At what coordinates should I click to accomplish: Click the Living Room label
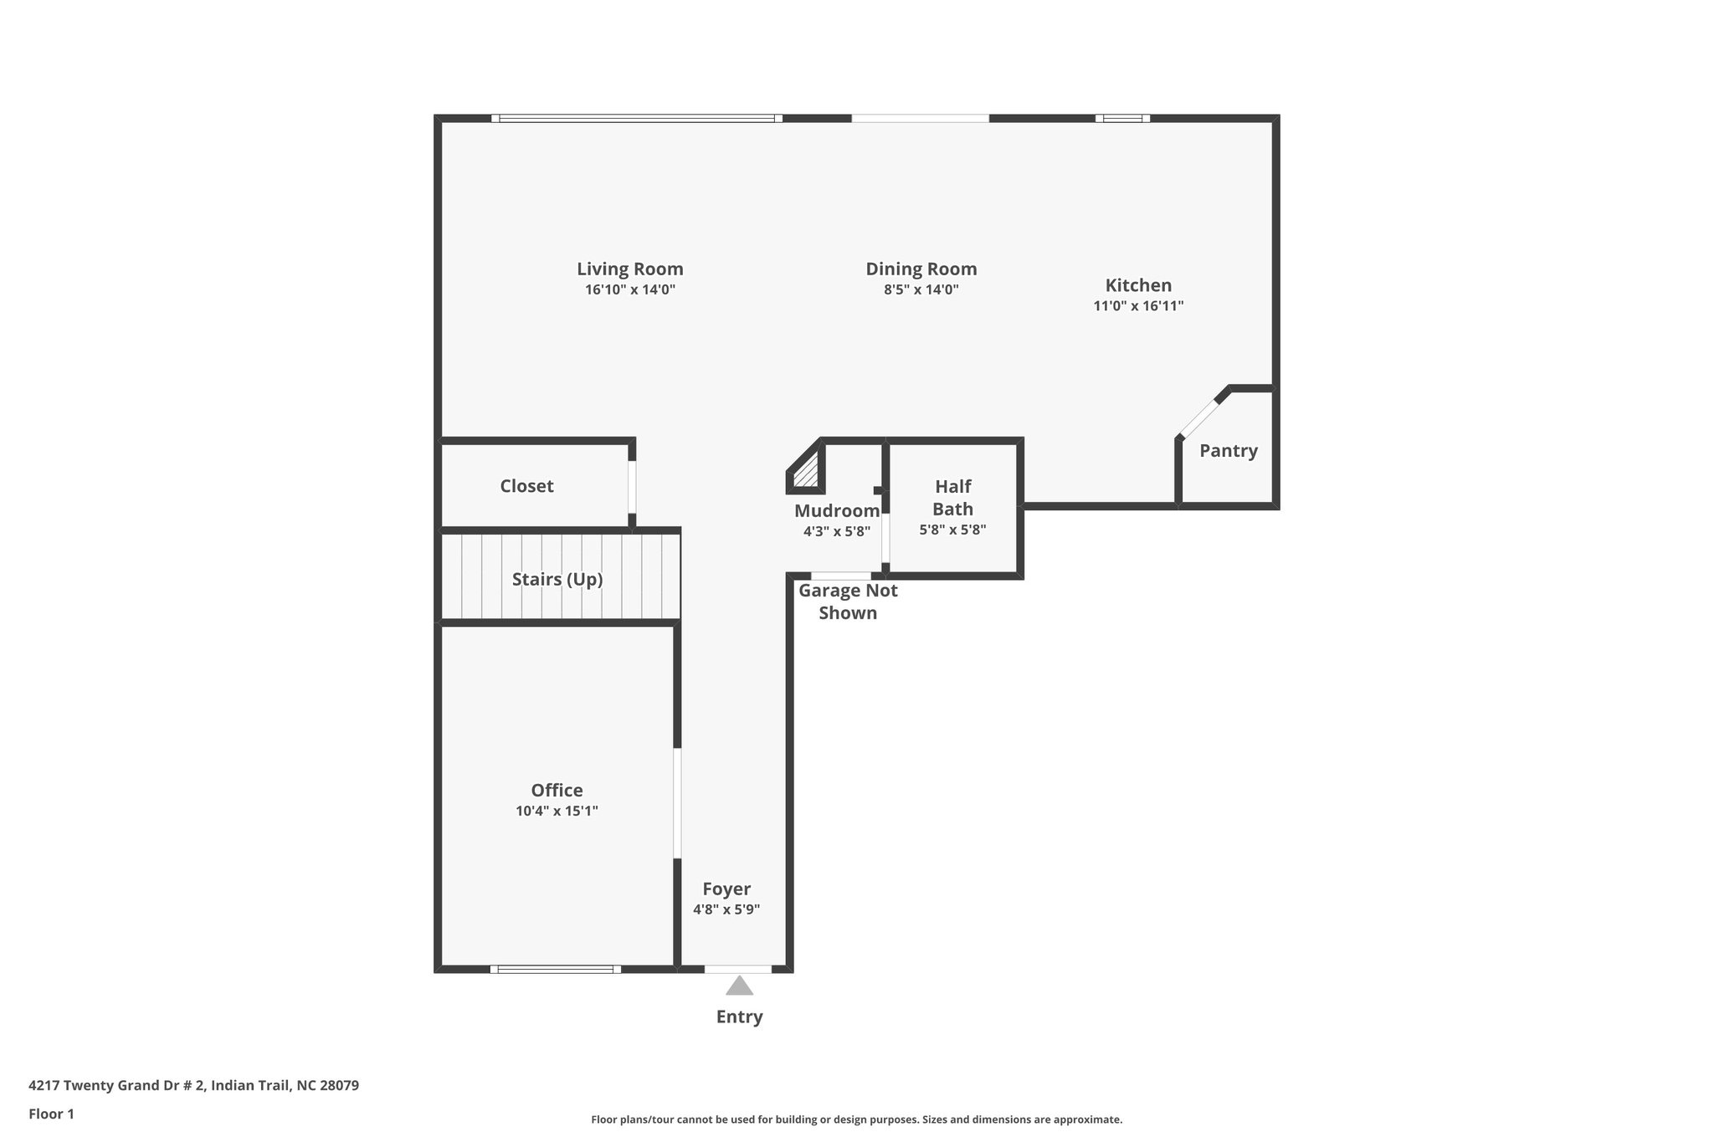629,269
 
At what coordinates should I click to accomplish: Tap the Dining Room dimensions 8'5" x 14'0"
921,290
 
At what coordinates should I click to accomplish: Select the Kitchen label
1138,284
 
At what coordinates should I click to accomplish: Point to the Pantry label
1228,451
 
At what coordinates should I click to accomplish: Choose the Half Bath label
952,497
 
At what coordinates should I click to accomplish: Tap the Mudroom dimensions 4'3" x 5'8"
836,531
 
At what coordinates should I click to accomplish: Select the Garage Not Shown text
848,602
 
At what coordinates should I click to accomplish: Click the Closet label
526,486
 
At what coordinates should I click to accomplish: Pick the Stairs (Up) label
557,579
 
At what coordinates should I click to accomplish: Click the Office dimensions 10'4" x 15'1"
557,811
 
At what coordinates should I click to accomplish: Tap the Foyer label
726,889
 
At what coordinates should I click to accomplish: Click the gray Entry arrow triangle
739,987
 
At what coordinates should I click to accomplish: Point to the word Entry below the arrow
739,1017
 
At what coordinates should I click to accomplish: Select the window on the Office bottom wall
556,969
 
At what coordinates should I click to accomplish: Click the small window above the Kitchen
1122,119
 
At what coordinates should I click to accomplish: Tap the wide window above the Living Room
636,119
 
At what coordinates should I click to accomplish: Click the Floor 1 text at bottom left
51,1114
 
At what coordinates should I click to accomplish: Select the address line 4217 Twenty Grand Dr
193,1085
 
